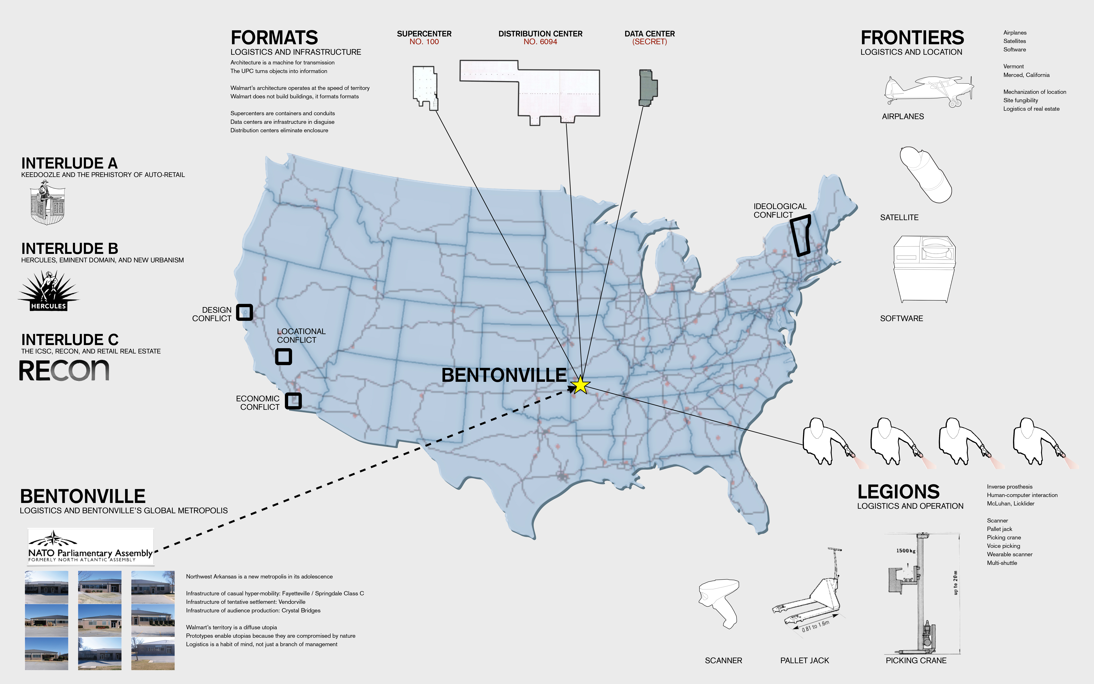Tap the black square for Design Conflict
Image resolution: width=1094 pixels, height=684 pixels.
pos(245,312)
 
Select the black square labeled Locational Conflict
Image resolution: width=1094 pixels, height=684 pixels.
pos(284,356)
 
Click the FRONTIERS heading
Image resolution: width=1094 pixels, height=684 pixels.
pos(912,38)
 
